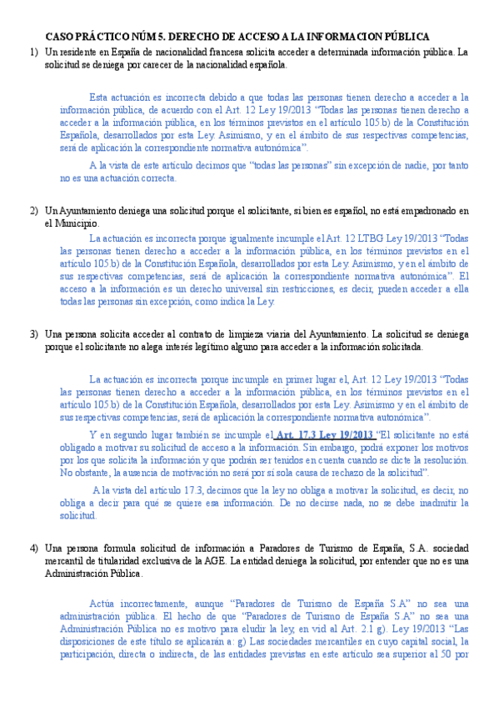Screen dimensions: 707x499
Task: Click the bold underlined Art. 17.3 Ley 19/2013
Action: pos(323,434)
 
